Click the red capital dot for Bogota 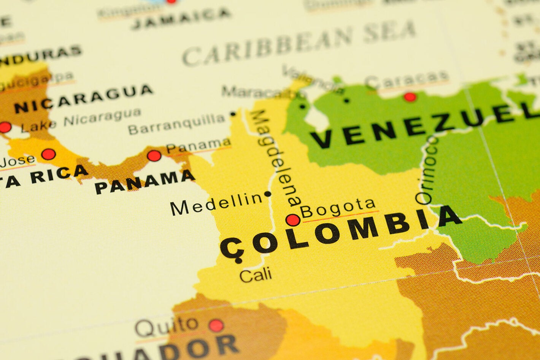point(292,220)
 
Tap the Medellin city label point(216,203)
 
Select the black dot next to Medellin point(268,194)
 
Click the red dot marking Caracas point(410,97)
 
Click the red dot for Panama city point(154,155)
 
